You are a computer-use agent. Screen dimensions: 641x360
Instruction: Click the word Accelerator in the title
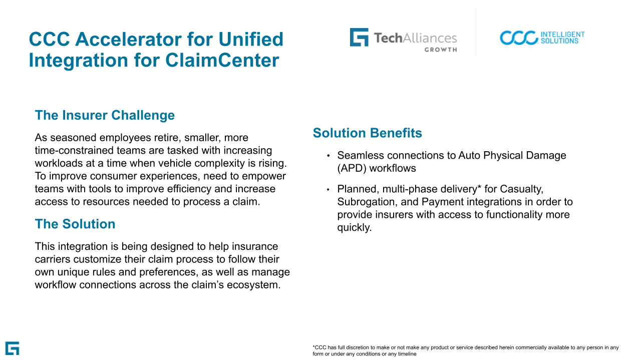128,39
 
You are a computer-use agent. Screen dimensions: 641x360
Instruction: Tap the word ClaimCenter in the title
222,61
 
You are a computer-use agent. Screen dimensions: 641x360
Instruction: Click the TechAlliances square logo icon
359,37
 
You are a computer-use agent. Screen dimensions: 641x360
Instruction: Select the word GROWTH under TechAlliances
441,50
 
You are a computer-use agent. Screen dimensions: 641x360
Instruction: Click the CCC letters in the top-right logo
519,38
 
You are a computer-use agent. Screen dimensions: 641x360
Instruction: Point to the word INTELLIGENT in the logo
562,35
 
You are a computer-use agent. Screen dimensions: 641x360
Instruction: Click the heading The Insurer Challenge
105,115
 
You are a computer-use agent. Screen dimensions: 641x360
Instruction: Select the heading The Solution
75,224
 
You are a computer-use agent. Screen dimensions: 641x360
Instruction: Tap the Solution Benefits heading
368,133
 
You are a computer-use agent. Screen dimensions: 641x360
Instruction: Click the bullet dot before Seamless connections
328,156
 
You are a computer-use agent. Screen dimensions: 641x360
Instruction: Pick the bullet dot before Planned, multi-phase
328,189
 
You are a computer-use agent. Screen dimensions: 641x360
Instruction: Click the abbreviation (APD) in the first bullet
352,169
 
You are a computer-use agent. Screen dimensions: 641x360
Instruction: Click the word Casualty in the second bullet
521,189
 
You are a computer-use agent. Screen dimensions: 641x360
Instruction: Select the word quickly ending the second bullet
354,228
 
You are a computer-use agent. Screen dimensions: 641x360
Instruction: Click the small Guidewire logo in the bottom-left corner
13,348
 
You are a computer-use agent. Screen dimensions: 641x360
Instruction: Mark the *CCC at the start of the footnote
319,347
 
